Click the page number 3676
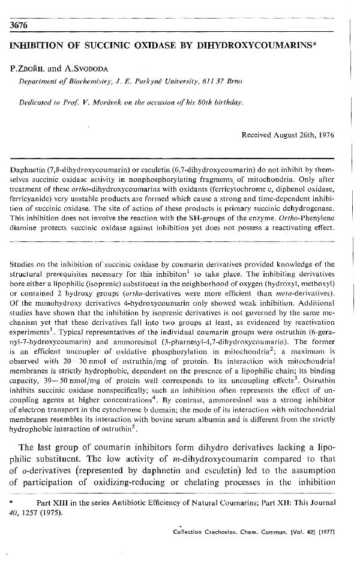point(20,25)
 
